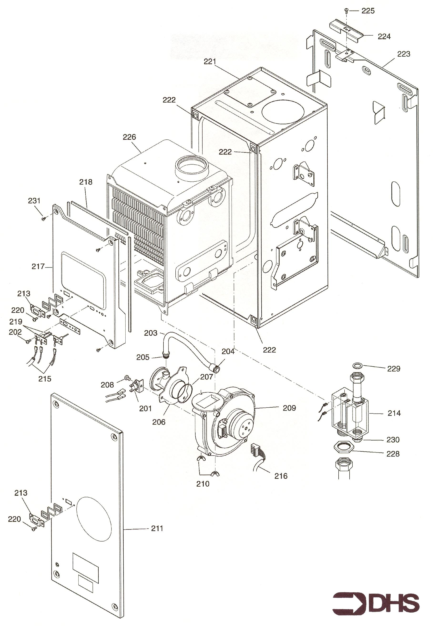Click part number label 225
pyautogui.click(x=368, y=11)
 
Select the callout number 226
pyautogui.click(x=129, y=137)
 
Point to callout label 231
pyautogui.click(x=34, y=201)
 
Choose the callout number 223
pyautogui.click(x=404, y=54)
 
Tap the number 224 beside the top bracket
pyautogui.click(x=384, y=37)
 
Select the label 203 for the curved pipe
pyautogui.click(x=151, y=333)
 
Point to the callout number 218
pyautogui.click(x=86, y=182)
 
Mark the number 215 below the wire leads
pyautogui.click(x=45, y=379)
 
